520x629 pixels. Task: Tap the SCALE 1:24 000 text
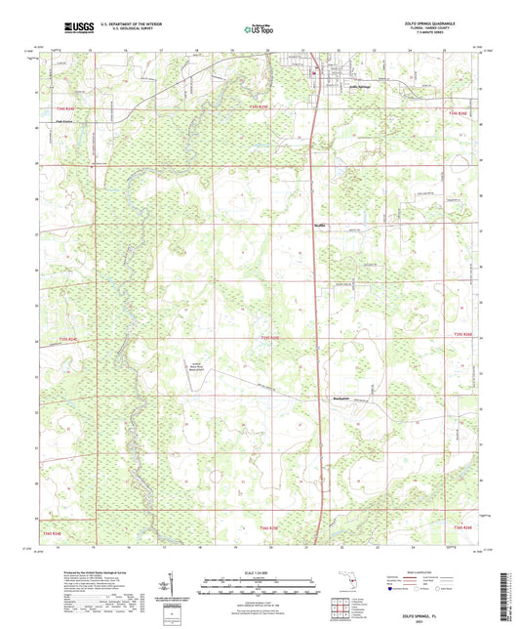pyautogui.click(x=259, y=570)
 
